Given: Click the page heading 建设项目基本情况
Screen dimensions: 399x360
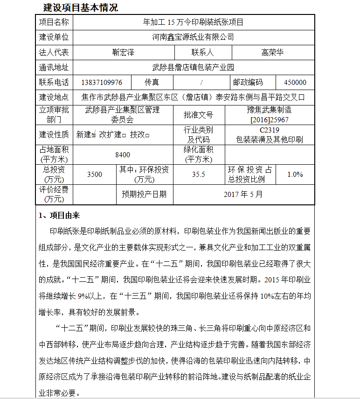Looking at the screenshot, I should (80, 7).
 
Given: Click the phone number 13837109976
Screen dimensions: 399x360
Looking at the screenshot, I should (102, 83).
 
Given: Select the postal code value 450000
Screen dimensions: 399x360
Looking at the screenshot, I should (295, 83).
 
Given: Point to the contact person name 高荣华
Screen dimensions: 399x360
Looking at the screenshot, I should (272, 53).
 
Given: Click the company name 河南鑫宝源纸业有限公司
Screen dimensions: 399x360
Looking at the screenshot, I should (193, 37).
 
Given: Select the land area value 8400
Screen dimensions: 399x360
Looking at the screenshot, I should (123, 155).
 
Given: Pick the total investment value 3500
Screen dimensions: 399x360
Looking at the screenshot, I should (95, 175).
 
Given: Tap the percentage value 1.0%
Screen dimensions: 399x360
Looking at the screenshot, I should (295, 175).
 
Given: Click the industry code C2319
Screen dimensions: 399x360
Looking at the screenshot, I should (270, 130).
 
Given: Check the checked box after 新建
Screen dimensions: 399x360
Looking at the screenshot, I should (94, 135).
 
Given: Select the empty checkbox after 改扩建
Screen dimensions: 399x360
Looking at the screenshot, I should (124, 135).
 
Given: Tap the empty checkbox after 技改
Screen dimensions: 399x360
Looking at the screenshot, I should (147, 135).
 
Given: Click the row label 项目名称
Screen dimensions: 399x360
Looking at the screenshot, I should (54, 22).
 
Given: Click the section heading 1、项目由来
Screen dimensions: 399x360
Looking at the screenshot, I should (59, 215).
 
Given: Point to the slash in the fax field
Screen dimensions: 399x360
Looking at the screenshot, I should (201, 83).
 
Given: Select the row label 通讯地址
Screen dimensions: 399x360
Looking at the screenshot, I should (54, 68).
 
